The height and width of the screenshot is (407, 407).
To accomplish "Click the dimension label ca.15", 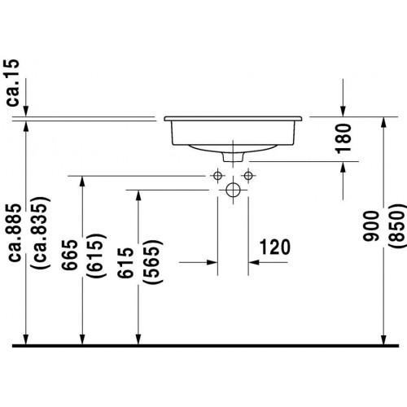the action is click(x=12, y=83).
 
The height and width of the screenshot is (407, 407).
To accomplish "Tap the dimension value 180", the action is click(x=344, y=138).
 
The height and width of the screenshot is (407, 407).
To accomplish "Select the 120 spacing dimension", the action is click(x=275, y=247).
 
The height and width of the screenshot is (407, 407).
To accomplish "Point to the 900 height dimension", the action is click(x=370, y=226).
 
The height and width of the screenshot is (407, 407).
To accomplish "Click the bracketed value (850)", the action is click(x=397, y=226).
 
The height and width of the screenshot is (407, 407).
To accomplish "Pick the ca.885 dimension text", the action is click(x=15, y=233).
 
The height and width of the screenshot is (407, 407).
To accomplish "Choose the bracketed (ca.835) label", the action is click(x=41, y=233).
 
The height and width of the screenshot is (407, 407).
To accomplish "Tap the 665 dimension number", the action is click(x=70, y=255).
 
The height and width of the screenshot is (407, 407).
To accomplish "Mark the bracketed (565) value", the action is click(x=152, y=262).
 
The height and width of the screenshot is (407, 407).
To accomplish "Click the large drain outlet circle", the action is click(x=233, y=190).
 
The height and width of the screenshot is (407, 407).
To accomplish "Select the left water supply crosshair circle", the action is click(x=217, y=176).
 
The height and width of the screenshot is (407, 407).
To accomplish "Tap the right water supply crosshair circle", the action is click(x=248, y=176).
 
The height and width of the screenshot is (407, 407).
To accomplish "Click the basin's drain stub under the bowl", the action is click(x=233, y=157).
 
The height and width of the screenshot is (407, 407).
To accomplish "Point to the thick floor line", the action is click(x=205, y=346).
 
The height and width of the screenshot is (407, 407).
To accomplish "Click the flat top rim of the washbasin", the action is click(x=233, y=119).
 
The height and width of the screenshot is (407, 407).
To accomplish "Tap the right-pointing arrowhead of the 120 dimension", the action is click(x=212, y=262).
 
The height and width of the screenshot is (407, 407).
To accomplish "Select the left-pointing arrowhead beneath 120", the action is click(x=254, y=262).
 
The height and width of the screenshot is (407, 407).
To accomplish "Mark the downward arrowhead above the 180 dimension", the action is click(x=344, y=112).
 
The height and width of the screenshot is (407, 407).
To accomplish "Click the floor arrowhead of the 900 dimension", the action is click(x=383, y=339).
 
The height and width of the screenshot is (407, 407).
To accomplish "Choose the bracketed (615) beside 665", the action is click(x=96, y=255).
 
